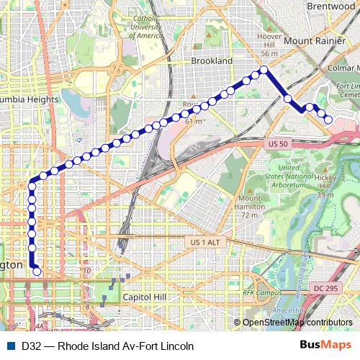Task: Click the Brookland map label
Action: [212, 61]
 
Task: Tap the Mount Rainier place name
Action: [314, 40]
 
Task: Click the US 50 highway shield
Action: [277, 145]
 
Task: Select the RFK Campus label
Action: [262, 293]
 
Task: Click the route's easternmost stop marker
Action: [328, 120]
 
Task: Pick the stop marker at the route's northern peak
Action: [264, 70]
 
